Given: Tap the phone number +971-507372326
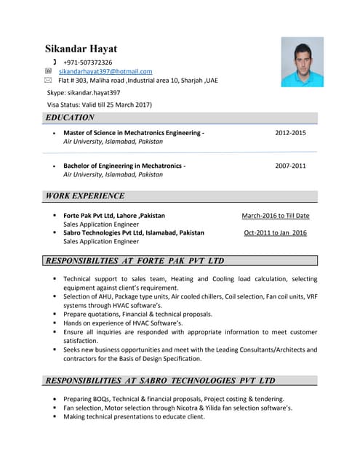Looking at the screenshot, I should [87, 62].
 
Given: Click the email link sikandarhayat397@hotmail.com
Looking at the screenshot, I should [105, 71].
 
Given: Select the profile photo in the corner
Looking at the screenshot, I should [302, 62].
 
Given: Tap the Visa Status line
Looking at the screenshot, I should [99, 105].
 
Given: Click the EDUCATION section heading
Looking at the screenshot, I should [70, 118].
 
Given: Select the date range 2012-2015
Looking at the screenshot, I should [290, 134].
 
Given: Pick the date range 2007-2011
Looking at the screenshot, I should [290, 166].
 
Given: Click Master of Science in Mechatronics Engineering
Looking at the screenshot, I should [133, 134].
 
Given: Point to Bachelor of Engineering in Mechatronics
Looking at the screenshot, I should [124, 166].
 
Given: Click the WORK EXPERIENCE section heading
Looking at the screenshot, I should [84, 196].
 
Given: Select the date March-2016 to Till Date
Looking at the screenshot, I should [276, 216].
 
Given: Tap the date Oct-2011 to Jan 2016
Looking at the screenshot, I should [276, 232].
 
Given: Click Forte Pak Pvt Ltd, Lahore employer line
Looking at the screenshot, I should [114, 216].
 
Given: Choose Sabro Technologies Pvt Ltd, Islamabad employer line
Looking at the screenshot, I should [134, 232].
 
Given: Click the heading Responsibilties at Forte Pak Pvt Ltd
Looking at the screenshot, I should [135, 261].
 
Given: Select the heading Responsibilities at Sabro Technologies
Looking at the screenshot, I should [160, 381].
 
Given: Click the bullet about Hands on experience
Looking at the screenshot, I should [129, 323].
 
